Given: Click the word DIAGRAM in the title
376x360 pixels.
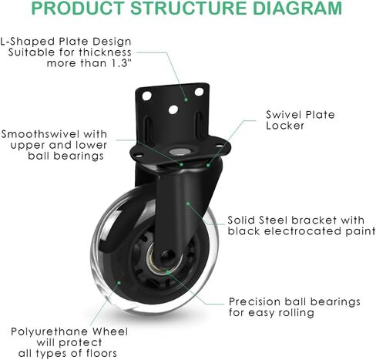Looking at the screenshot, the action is [297, 8].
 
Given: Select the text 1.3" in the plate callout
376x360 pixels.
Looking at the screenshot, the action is [119, 63].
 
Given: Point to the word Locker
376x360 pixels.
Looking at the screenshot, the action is [285, 126].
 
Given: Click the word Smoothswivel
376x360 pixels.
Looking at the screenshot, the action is [40, 134].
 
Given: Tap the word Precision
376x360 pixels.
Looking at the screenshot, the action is [255, 301].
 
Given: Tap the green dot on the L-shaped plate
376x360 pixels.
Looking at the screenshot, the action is [186, 99].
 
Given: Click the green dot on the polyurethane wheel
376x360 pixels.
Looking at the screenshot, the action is [119, 283].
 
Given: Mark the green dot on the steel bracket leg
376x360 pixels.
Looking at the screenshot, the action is [188, 204].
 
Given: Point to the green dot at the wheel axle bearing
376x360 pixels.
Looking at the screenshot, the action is [167, 272].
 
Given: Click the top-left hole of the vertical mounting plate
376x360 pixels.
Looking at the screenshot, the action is [146, 96].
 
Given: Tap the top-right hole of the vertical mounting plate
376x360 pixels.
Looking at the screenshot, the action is [199, 92].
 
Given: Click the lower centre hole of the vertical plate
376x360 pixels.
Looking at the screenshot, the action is [173, 109].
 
